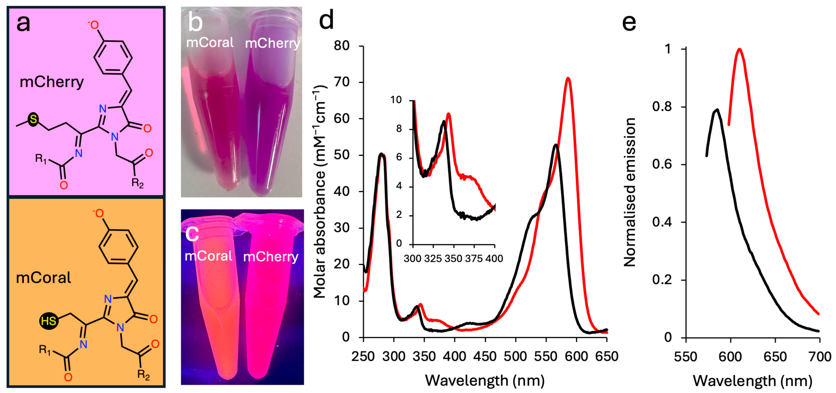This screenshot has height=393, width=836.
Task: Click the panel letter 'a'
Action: coord(23,23)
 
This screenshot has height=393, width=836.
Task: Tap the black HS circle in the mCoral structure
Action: coord(49,321)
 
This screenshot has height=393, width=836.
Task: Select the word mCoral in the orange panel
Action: coord(43,278)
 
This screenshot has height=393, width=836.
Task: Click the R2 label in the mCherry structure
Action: coord(137,183)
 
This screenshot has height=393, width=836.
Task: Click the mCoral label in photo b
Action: coord(210,42)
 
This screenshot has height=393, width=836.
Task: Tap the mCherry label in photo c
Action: coord(271,257)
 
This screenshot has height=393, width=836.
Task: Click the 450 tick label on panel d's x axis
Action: coord(485,356)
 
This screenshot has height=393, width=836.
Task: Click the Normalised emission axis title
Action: coord(630,192)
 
